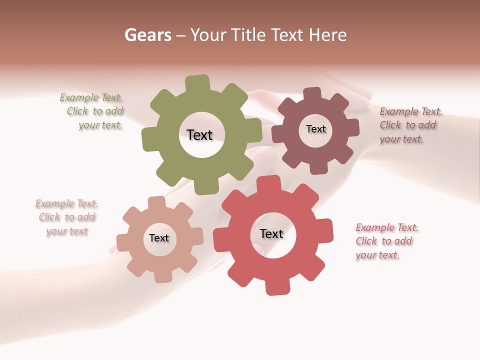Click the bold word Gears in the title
coord(148,35)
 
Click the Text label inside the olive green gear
coord(199,135)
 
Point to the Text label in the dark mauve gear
coord(315,129)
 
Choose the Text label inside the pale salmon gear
coord(159,238)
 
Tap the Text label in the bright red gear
coord(271,233)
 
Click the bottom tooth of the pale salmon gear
coord(163,276)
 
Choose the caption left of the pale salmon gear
coord(67,217)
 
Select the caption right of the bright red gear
coord(386,241)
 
